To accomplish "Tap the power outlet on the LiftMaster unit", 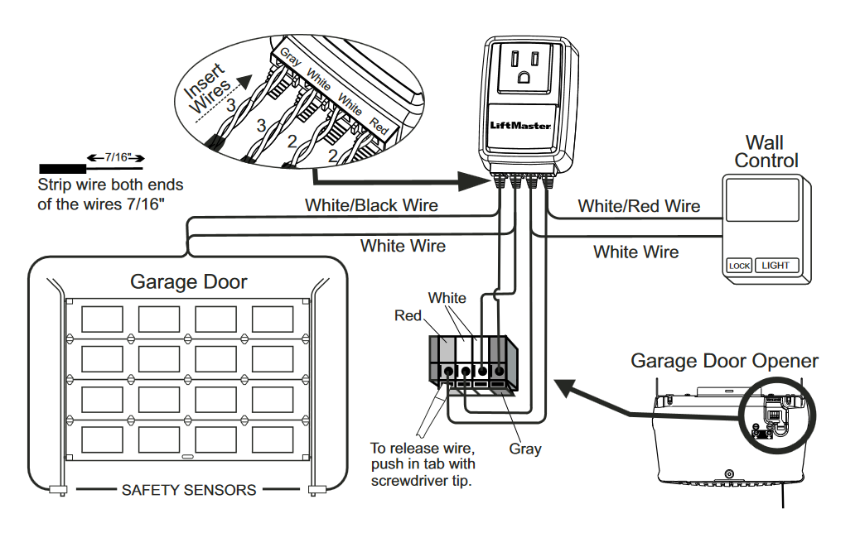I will pyautogui.click(x=524, y=65).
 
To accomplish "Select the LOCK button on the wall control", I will pyautogui.click(x=738, y=266).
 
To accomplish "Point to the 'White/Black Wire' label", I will pyautogui.click(x=371, y=204).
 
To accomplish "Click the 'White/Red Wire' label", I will pyautogui.click(x=639, y=206).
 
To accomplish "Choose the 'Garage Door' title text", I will pyautogui.click(x=189, y=282).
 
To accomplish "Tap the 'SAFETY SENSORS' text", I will pyautogui.click(x=189, y=490).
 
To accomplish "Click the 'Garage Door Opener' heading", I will pyautogui.click(x=724, y=361).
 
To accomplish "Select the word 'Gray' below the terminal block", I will pyautogui.click(x=525, y=449).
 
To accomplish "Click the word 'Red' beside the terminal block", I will pyautogui.click(x=407, y=315).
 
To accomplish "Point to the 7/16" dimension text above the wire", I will pyautogui.click(x=115, y=156).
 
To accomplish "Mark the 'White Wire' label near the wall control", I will pyautogui.click(x=635, y=252).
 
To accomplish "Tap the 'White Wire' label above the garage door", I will pyautogui.click(x=403, y=246).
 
